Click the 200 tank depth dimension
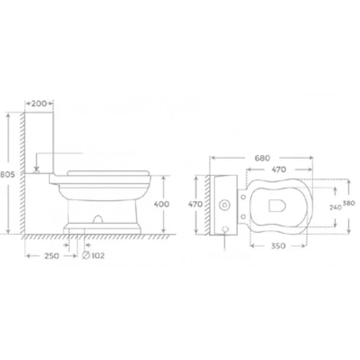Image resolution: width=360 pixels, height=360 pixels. click(39, 104)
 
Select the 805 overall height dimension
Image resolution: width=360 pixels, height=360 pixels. click(8, 175)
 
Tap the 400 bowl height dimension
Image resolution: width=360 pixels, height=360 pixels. click(162, 204)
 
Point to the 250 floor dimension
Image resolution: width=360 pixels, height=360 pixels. click(52, 256)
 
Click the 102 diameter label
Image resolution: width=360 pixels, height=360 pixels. click(98, 255)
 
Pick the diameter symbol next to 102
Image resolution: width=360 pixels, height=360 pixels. click(86, 255)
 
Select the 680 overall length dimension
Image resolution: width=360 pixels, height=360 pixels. click(262, 158)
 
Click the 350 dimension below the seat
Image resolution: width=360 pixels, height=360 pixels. click(278, 246)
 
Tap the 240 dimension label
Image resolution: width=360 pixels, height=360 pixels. click(335, 207)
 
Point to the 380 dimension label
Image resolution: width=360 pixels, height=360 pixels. click(349, 203)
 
